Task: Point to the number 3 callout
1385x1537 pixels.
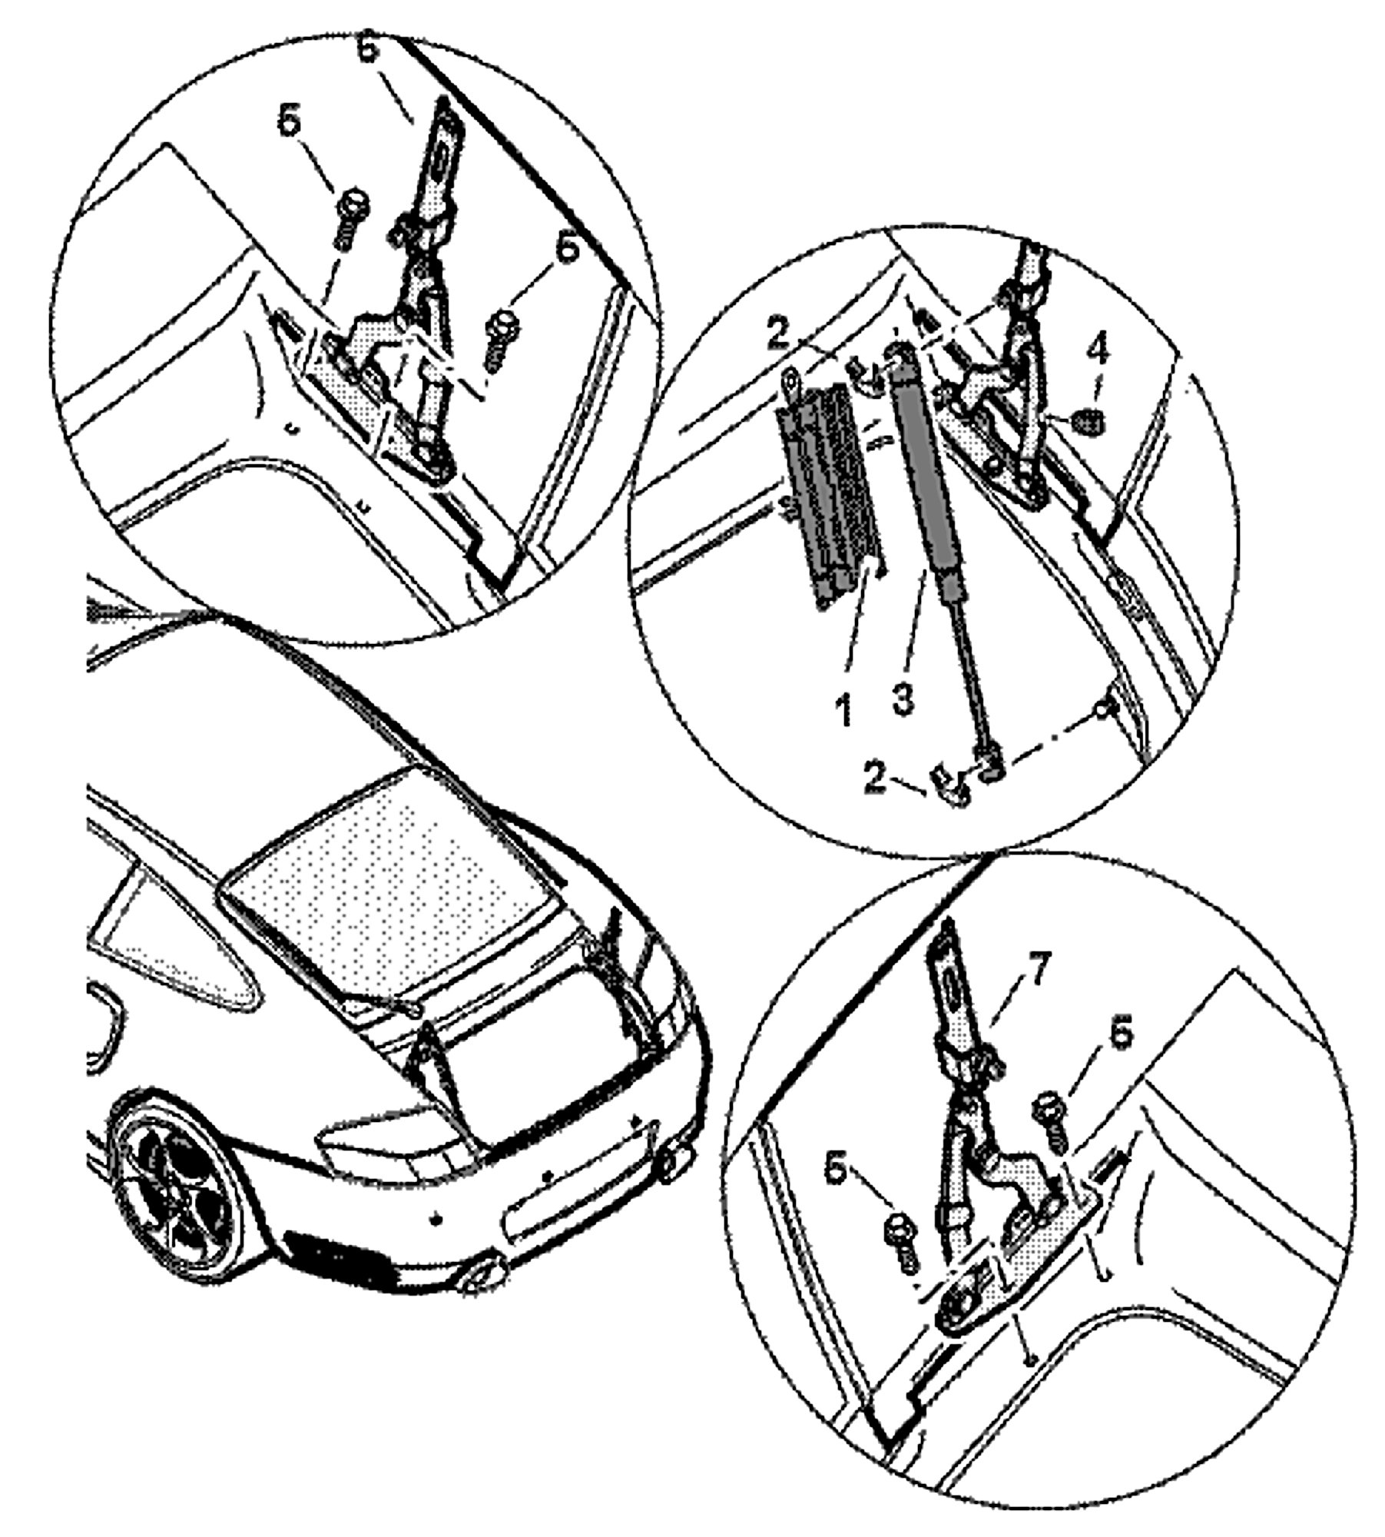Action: (903, 699)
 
